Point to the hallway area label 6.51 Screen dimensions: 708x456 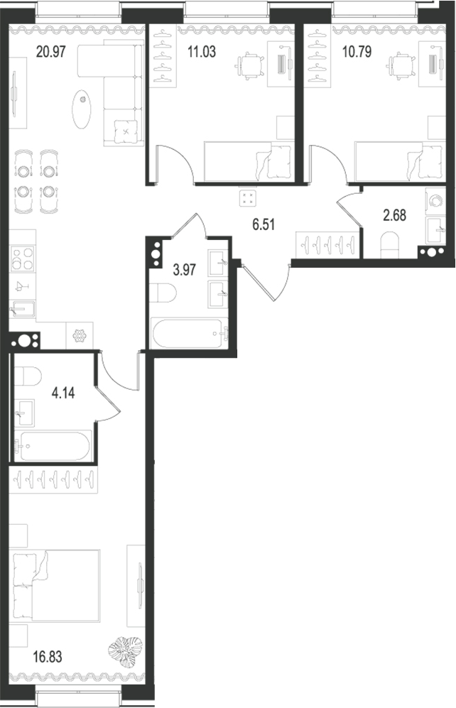264,226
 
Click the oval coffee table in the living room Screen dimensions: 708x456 82,108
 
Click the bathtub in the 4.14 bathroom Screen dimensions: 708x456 51,447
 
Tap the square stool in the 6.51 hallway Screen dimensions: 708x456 247,198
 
